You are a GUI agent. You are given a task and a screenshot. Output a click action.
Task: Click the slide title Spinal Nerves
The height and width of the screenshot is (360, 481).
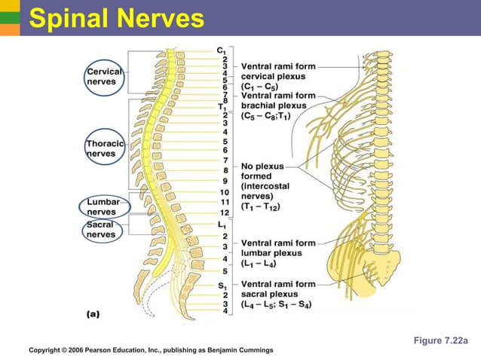[116, 18]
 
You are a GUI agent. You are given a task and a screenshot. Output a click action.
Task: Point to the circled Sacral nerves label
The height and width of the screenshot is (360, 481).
[101, 230]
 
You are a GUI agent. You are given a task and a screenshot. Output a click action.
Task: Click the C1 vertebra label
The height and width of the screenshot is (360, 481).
[222, 50]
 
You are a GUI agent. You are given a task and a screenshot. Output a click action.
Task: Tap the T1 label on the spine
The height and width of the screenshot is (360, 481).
[222, 107]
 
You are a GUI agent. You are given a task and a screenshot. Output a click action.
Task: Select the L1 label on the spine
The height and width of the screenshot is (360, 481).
[222, 224]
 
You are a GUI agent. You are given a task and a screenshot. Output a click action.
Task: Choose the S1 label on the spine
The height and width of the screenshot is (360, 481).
[222, 285]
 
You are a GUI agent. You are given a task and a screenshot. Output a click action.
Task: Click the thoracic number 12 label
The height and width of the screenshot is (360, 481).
[224, 212]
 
